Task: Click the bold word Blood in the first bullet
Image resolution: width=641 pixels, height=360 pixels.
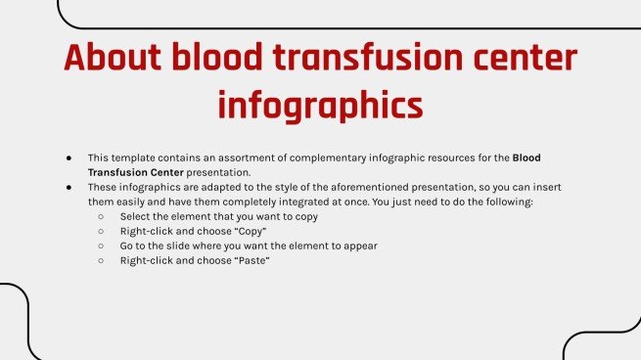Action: click(527, 157)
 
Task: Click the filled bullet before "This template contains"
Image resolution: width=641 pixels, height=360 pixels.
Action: click(69, 157)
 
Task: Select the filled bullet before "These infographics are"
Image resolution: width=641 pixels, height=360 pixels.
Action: click(69, 187)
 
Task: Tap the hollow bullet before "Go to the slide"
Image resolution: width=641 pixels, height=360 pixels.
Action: click(100, 247)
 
